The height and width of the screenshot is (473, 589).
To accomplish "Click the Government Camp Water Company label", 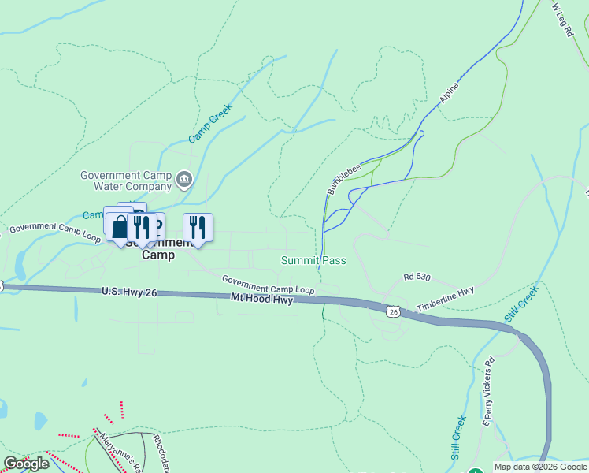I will tap(126, 181).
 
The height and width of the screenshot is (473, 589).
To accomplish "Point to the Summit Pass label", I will tap(313, 260).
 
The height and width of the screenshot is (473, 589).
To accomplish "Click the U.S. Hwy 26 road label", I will tap(130, 292).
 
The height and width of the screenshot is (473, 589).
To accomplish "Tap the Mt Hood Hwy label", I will tap(262, 299).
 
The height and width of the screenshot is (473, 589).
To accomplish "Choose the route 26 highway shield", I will tap(393, 311).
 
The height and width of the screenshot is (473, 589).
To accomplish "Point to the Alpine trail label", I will tap(449, 93).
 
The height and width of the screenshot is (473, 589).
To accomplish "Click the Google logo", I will tap(26, 464).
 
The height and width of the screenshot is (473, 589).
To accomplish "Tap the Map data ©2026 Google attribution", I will tap(539, 467).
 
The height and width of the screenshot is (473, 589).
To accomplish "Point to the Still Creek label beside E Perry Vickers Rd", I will tap(458, 438).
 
